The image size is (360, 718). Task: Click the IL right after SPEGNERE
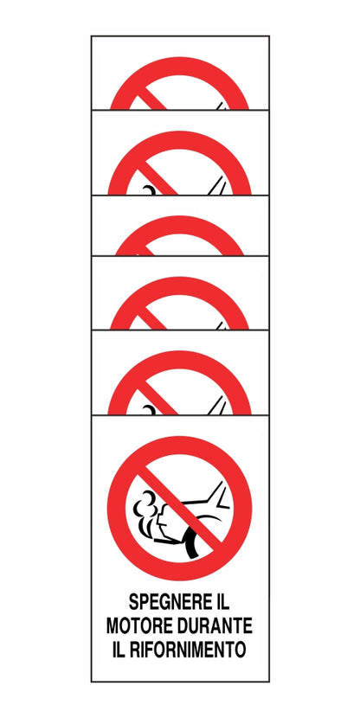coord(222,602)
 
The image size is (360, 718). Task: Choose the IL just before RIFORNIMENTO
coord(118,650)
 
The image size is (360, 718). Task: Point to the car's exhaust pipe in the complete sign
coord(163,542)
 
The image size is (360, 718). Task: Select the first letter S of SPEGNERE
coord(133,602)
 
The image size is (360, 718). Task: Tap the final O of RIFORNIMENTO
coord(241,650)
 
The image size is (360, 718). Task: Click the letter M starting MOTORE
coord(113,625)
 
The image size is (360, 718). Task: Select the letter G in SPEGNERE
coord(165,602)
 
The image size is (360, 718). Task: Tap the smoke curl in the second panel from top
coord(150,190)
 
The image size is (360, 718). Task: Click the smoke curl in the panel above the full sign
coord(150,410)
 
